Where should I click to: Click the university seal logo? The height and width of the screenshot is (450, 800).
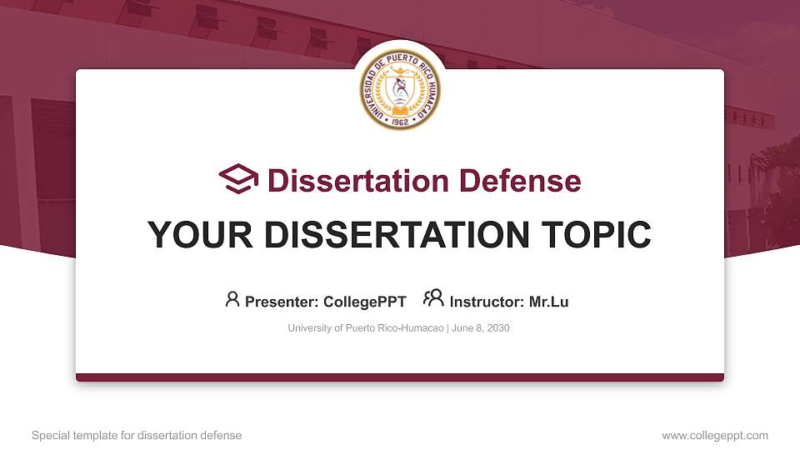pos(400,88)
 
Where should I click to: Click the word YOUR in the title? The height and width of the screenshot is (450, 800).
pos(192,235)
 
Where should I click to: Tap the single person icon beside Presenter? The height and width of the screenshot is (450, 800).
pos(232,298)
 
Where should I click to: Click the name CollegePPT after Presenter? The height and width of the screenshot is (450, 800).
pos(365,302)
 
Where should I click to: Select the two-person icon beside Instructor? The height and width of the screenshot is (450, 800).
pos(433,297)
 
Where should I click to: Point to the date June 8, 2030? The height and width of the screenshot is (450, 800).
pos(481,328)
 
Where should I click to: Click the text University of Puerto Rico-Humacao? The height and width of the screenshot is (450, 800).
pos(366,328)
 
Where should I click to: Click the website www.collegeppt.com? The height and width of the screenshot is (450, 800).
pos(715,435)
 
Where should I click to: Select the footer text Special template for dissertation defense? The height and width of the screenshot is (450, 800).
pos(137,435)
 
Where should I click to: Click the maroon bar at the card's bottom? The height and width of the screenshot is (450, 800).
pos(400,377)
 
